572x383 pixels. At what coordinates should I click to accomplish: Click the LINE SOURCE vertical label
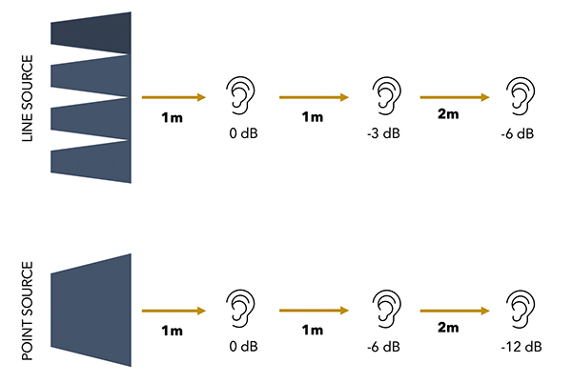(x=28, y=98)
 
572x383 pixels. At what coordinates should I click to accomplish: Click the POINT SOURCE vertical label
(x=28, y=311)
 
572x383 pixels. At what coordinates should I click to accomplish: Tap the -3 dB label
(x=383, y=133)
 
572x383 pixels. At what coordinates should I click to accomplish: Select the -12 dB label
(x=521, y=347)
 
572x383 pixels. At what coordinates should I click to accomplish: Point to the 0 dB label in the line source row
(x=243, y=133)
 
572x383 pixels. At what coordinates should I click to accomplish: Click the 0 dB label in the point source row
(x=243, y=346)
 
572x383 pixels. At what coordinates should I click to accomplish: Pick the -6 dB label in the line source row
(x=518, y=133)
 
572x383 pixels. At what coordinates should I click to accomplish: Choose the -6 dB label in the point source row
(x=383, y=347)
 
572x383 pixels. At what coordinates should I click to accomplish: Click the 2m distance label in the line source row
(x=448, y=114)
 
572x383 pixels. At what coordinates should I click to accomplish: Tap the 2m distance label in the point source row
(x=448, y=327)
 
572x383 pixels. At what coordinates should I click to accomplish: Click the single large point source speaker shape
(x=91, y=311)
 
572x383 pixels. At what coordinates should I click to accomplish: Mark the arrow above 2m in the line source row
(x=455, y=97)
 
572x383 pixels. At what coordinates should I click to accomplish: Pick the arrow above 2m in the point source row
(x=455, y=311)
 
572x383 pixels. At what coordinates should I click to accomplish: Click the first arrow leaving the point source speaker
(x=174, y=311)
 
